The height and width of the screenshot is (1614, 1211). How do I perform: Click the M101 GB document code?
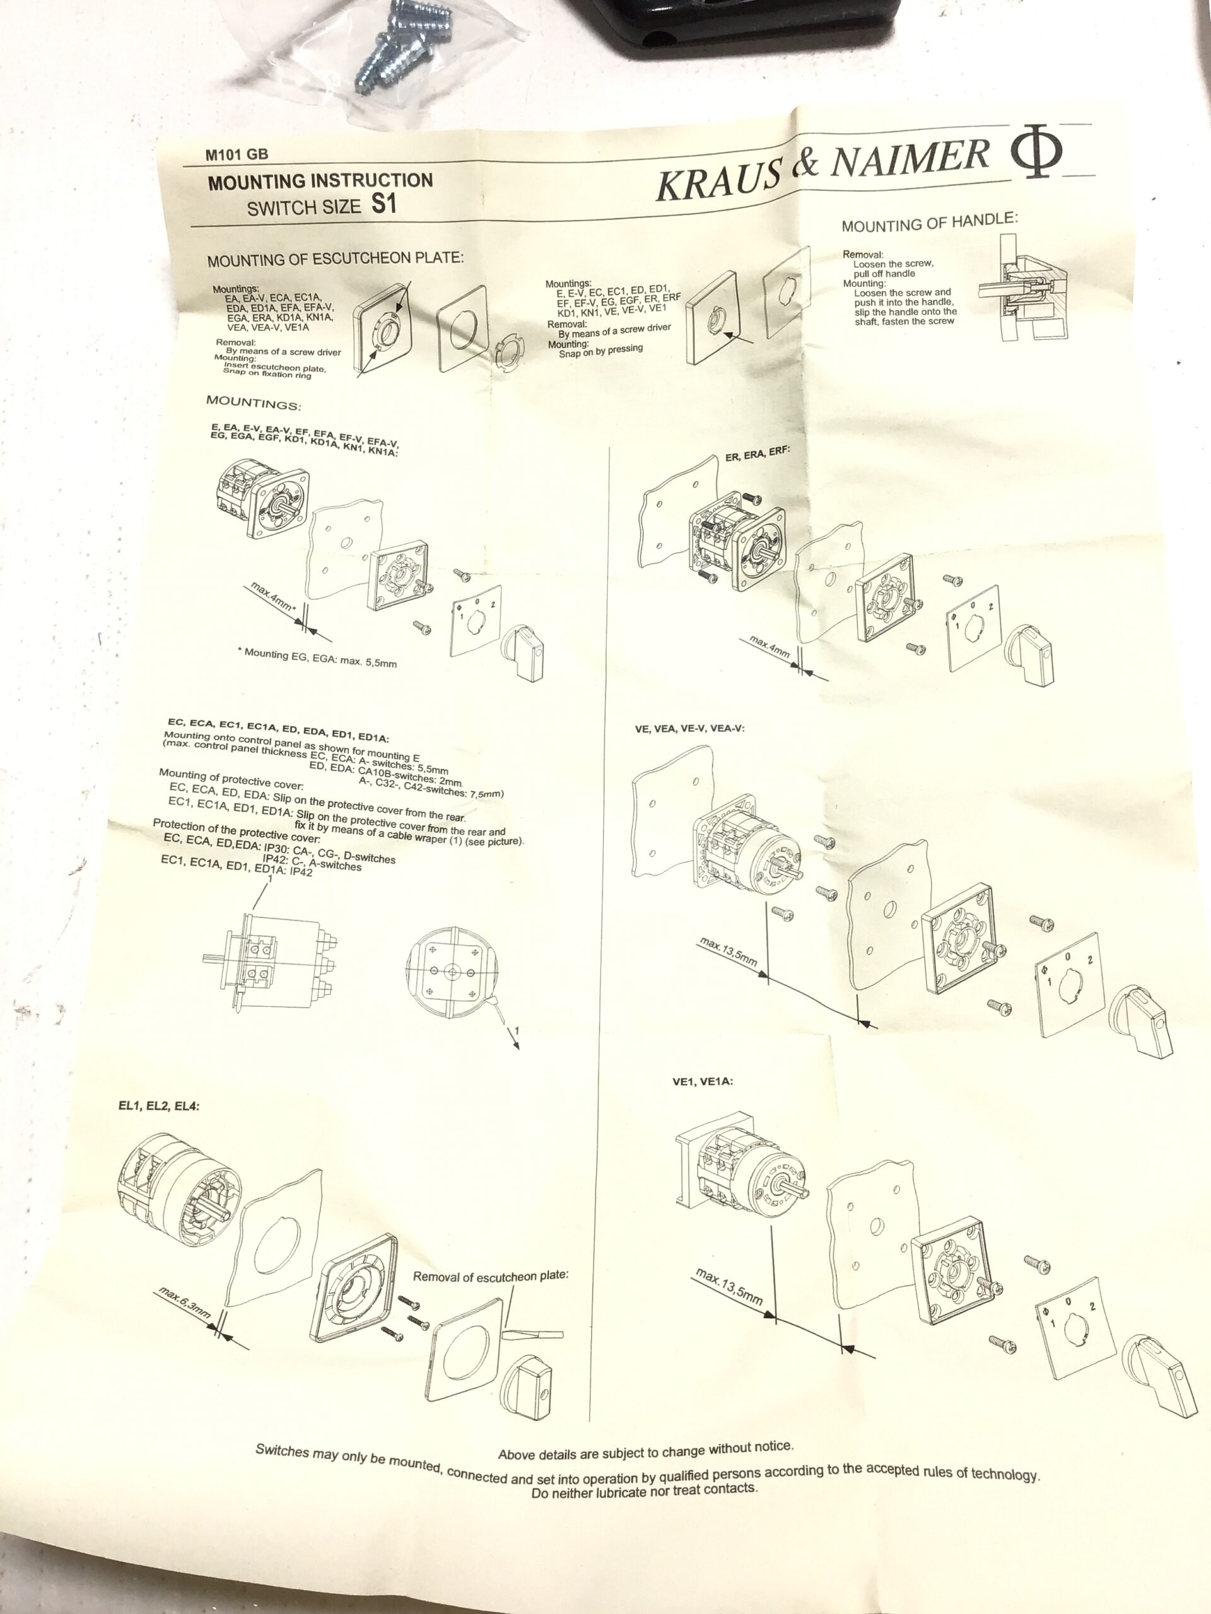[x=237, y=154]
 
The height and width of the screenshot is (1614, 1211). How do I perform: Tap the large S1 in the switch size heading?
[x=385, y=203]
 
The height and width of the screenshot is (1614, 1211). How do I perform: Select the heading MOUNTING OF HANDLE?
[x=929, y=222]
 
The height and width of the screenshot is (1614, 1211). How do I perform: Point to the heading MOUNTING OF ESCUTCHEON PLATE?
[x=335, y=259]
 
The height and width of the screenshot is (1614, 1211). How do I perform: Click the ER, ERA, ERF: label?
[x=757, y=453]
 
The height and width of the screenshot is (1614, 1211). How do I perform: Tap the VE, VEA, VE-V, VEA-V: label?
[x=690, y=728]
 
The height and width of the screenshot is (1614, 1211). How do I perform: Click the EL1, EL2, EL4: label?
[x=158, y=1105]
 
